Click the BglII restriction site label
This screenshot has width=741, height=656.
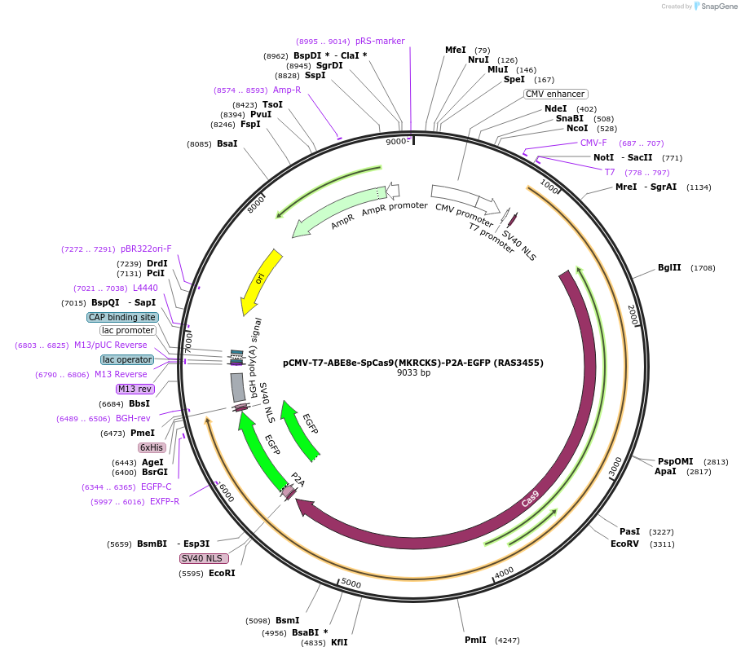tap(669, 268)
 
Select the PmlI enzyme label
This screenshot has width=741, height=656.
tap(475, 640)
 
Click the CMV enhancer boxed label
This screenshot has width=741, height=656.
tap(555, 94)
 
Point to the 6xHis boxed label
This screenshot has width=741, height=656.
tap(152, 447)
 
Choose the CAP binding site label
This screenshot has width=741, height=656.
tap(122, 317)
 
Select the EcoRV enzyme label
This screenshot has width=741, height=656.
tap(625, 544)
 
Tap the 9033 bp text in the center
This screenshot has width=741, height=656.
tap(413, 372)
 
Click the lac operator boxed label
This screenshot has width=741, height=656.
tap(127, 359)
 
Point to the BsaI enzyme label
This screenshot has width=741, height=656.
tap(227, 144)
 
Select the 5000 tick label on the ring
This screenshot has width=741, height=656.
tap(351, 583)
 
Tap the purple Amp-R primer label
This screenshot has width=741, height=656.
tap(287, 90)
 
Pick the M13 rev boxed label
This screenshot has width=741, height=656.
tap(134, 389)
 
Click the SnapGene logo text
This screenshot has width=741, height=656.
tap(715, 7)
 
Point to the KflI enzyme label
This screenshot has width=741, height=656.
tap(339, 642)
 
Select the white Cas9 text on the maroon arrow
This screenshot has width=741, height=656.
tap(530, 498)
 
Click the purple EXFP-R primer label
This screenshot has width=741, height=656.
tap(165, 501)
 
